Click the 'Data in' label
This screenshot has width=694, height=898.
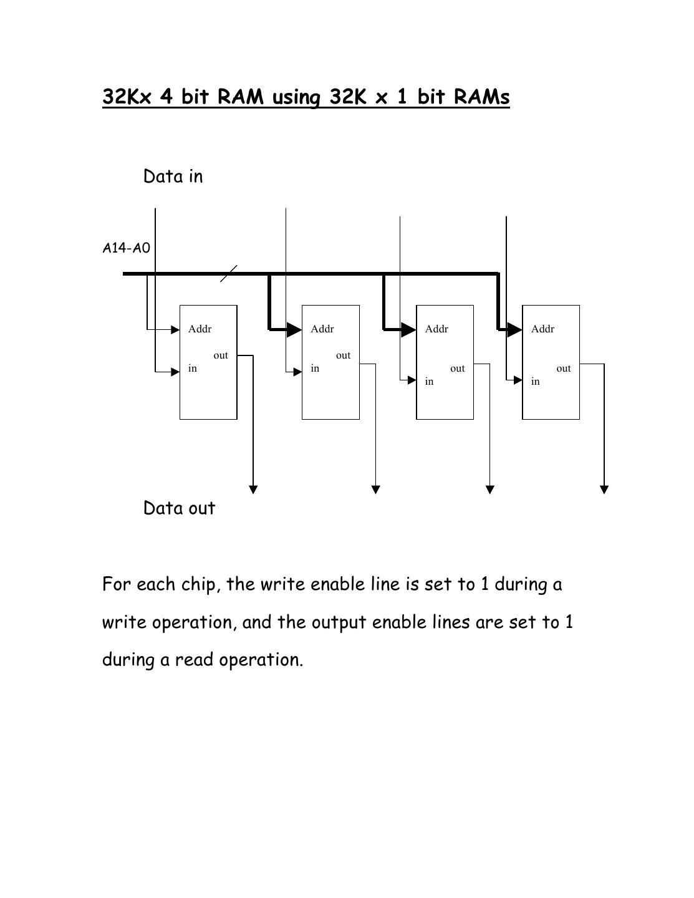173,176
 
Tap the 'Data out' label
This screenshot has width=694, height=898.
179,508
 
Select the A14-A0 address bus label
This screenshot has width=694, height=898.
126,248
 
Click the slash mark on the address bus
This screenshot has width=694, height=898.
229,273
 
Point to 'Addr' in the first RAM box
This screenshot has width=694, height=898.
200,329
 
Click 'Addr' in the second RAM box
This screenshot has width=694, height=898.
322,329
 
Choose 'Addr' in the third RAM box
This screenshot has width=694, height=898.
436,329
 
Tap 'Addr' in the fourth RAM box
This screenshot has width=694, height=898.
542,329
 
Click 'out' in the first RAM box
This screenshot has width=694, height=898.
221,355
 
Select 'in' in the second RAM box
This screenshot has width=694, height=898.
315,369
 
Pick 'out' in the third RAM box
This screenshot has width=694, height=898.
458,369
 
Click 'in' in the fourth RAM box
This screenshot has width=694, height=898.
535,382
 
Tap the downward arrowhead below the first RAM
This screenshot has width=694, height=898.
253,490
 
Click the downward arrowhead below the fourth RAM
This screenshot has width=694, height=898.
604,490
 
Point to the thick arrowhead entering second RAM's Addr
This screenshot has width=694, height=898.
294,329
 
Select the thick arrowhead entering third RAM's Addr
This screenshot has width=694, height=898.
408,329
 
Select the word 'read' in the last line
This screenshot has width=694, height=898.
194,660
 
